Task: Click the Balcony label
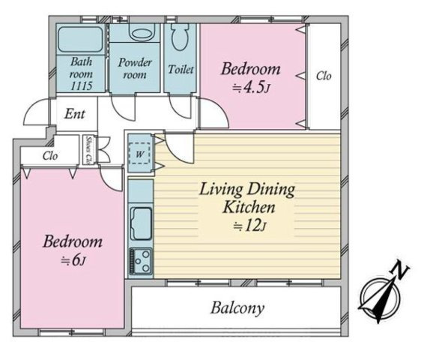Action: [x=237, y=308]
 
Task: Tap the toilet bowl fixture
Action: [x=181, y=37]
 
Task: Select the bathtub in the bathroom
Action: [x=80, y=39]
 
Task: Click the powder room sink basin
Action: [x=142, y=33]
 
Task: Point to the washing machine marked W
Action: [x=139, y=154]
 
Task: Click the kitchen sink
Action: [x=141, y=223]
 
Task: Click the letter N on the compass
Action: [x=399, y=269]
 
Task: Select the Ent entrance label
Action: [x=75, y=114]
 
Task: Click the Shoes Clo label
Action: [x=88, y=150]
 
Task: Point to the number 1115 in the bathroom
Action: [x=82, y=86]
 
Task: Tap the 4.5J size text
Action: [x=251, y=88]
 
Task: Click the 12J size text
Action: [x=249, y=226]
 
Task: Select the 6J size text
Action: [x=73, y=261]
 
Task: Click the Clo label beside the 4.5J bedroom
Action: [x=324, y=76]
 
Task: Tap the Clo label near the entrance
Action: [x=50, y=156]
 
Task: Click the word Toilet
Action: [x=181, y=70]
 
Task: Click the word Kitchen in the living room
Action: [x=249, y=207]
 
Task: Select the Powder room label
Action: [x=135, y=68]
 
